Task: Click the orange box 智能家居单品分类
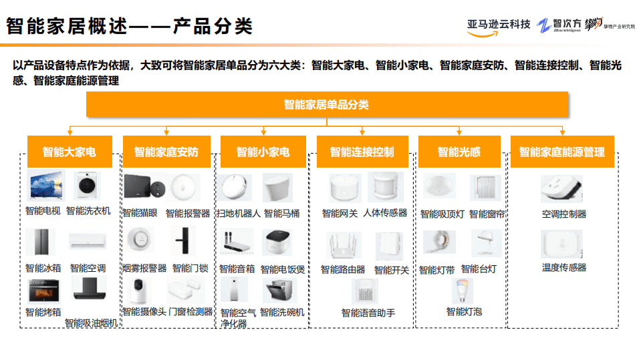(x=326, y=105)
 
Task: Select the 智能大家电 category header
(x=69, y=152)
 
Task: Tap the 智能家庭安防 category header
(x=166, y=152)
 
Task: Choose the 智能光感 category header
(x=459, y=152)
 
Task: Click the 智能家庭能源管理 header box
(x=561, y=152)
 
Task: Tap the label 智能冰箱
(x=43, y=268)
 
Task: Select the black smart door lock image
(x=181, y=242)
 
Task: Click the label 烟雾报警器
(x=144, y=268)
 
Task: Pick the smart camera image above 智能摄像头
(x=140, y=291)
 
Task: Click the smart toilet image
(x=277, y=188)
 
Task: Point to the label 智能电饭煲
(x=283, y=268)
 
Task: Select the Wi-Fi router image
(x=344, y=246)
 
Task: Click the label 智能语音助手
(x=368, y=313)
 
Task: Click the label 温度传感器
(x=563, y=267)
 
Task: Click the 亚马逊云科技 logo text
(x=499, y=25)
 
